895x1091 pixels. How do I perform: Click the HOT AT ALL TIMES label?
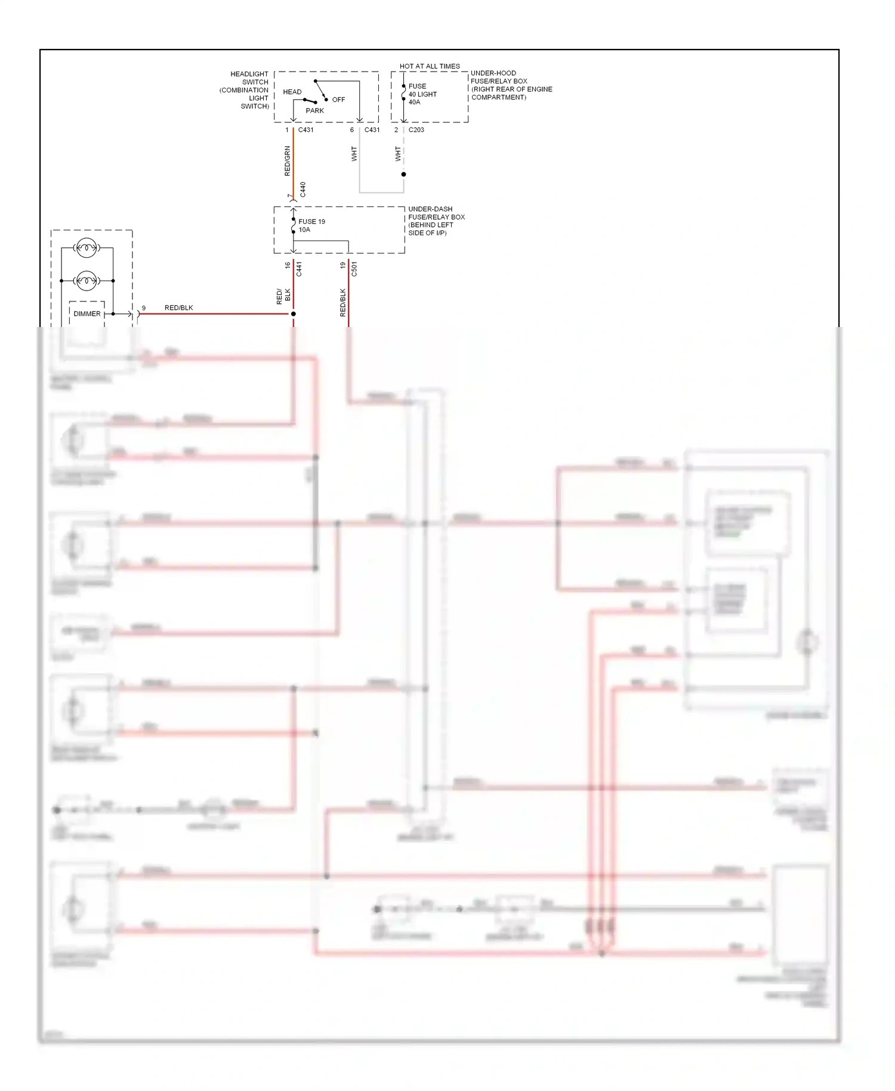pyautogui.click(x=430, y=66)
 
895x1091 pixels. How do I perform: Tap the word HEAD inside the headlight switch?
pyautogui.click(x=292, y=92)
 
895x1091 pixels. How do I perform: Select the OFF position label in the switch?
pyautogui.click(x=338, y=100)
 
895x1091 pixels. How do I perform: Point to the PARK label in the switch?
pyautogui.click(x=315, y=110)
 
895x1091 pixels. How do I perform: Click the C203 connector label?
pyautogui.click(x=416, y=130)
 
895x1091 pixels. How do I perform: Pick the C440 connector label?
pyautogui.click(x=303, y=190)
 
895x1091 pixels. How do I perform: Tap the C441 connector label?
pyautogui.click(x=300, y=269)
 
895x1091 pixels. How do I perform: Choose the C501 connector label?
pyautogui.click(x=354, y=269)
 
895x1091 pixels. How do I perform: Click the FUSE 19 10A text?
pyautogui.click(x=311, y=226)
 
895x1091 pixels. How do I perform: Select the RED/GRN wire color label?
pyautogui.click(x=287, y=161)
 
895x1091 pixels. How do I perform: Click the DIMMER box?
pyautogui.click(x=87, y=314)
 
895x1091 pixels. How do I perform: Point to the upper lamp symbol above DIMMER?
pyautogui.click(x=87, y=247)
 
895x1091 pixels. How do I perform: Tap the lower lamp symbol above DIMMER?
pyautogui.click(x=87, y=280)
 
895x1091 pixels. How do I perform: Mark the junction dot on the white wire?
pyautogui.click(x=403, y=174)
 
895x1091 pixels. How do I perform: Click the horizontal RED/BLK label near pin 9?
pyautogui.click(x=178, y=308)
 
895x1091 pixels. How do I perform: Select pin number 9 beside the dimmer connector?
pyautogui.click(x=144, y=308)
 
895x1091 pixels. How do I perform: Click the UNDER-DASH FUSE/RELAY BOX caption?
pyautogui.click(x=436, y=221)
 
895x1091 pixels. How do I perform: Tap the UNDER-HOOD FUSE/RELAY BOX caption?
pyautogui.click(x=511, y=85)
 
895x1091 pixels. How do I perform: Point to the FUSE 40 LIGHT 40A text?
pyautogui.click(x=422, y=94)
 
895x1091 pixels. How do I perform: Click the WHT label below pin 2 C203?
pyautogui.click(x=398, y=154)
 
